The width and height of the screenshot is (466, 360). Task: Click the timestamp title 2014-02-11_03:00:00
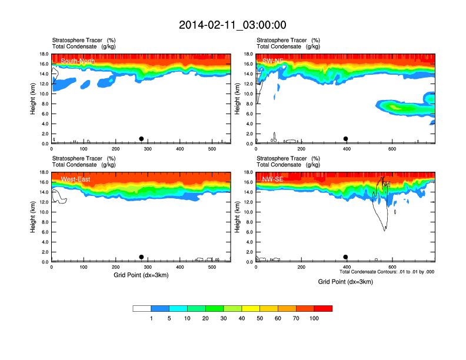pos(232,25)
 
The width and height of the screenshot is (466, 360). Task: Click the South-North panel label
pos(78,61)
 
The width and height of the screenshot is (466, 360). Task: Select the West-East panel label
pos(75,179)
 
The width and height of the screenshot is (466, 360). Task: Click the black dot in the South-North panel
pos(141,139)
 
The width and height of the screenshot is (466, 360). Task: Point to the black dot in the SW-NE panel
pos(346,139)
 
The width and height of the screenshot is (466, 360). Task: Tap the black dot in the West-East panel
pos(141,257)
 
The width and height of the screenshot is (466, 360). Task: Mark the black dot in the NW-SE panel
pos(346,257)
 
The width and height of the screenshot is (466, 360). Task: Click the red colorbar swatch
pos(323,308)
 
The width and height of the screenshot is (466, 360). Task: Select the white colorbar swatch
pos(142,308)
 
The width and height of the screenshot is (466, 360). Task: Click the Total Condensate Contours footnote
pos(387,272)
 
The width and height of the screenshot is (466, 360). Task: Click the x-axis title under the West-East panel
pos(141,275)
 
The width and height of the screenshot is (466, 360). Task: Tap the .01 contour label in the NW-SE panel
pos(386,185)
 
